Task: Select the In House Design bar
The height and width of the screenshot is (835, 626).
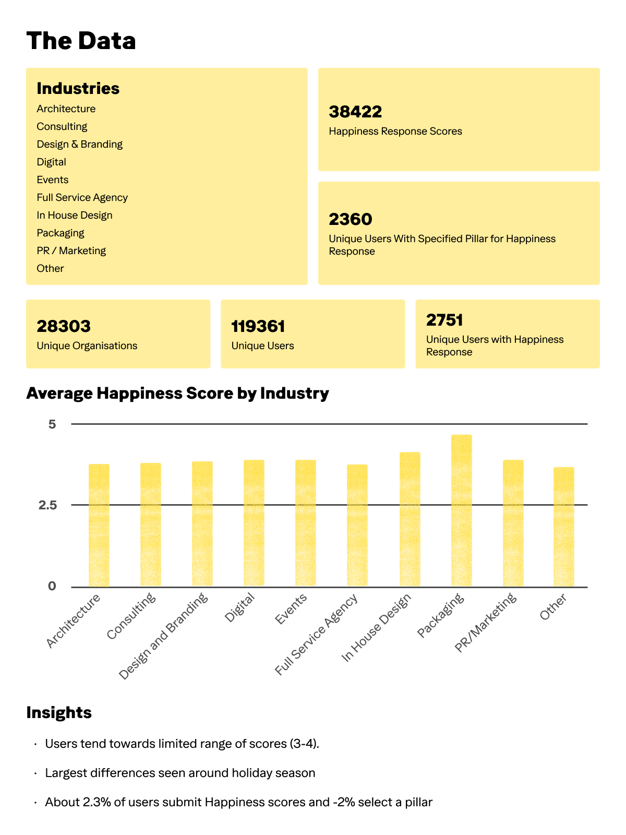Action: coord(410,519)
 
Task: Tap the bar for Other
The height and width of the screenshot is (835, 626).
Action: coord(563,527)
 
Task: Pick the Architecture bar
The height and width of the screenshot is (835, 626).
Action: coord(99,525)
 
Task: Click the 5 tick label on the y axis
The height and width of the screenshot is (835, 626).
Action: coord(52,424)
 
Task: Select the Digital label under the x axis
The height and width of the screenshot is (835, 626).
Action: coord(240,608)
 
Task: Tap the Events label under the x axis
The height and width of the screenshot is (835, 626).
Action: coord(291,610)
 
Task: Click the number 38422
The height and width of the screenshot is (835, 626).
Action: coord(355,112)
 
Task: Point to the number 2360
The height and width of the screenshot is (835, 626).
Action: coord(350,219)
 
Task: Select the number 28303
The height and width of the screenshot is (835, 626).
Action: coord(64,326)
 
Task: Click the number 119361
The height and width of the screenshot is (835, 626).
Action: coord(258,327)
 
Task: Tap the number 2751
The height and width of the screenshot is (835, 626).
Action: coord(444,320)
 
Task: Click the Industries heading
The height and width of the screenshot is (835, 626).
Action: coord(78,88)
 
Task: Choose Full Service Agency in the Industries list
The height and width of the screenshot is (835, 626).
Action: coord(82,197)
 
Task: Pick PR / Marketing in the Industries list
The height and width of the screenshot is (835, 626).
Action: coord(71,250)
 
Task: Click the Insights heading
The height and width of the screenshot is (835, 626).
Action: coord(59,712)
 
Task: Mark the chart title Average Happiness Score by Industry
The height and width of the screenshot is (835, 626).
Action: coord(177,393)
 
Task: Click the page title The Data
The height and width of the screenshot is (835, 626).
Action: coord(81,41)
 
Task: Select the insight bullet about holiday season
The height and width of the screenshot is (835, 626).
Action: coord(180,772)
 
